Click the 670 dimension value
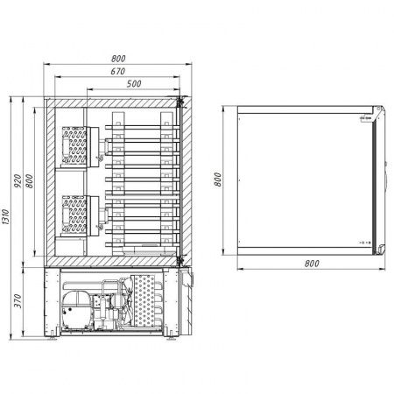(118, 71)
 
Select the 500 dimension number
(134, 84)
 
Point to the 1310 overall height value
(6, 217)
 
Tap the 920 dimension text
(18, 180)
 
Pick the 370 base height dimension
(18, 301)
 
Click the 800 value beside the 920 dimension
(29, 180)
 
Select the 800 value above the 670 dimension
(118, 59)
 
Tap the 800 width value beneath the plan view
(312, 264)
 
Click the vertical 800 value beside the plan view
(217, 179)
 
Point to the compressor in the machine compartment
(76, 310)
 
